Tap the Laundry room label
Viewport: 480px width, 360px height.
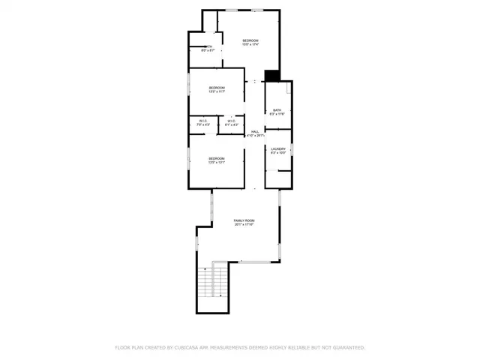[277, 148]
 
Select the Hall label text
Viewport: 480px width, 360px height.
[255, 130]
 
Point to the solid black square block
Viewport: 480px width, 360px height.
[272, 75]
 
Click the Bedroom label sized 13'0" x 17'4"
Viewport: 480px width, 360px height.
[250, 40]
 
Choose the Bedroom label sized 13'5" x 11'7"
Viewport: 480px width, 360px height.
[217, 88]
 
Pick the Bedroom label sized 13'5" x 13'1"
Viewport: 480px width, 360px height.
[217, 158]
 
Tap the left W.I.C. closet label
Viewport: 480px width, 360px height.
[203, 120]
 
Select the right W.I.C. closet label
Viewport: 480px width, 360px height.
[231, 120]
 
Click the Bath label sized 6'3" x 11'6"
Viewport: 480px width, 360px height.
[277, 110]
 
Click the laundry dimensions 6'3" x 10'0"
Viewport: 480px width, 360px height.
[277, 153]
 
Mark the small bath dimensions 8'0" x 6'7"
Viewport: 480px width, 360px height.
[208, 51]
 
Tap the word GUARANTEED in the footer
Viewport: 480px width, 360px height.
[347, 348]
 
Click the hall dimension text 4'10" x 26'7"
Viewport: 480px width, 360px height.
[255, 136]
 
